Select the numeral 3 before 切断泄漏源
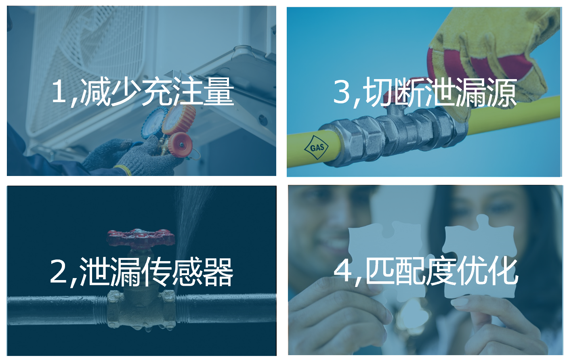(x=341, y=92)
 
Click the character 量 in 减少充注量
(x=219, y=92)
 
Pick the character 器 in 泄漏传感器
(x=218, y=272)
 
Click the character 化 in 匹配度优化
(x=503, y=272)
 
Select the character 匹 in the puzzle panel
(x=380, y=272)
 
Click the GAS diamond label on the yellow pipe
(x=316, y=147)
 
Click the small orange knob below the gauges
(x=180, y=144)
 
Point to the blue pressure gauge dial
(x=153, y=123)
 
